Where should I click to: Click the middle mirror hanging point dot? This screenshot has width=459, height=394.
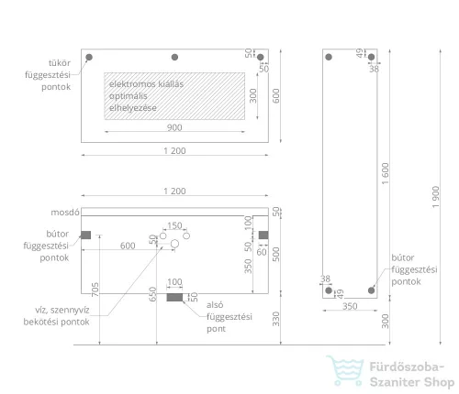pos(174,57)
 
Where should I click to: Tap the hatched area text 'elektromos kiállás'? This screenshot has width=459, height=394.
pos(146,84)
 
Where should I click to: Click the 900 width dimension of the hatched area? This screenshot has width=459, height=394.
pos(174,127)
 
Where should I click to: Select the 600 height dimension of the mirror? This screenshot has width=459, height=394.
pos(275,95)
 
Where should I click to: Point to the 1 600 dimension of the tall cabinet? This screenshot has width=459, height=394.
pos(385,173)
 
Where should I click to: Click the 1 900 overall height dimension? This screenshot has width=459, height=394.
pos(436,197)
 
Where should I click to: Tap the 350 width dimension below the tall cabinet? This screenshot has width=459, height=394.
pos(350,306)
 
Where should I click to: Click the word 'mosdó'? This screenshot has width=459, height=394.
pos(65,213)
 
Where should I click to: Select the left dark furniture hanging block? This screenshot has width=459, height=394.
pos(86,235)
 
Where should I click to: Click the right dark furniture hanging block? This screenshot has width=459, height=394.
pos(263,235)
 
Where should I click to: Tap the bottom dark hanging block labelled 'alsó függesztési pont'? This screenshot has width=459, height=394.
pos(174,297)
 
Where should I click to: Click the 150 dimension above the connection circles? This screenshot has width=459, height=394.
pos(174,225)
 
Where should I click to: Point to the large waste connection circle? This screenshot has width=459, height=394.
pos(174,244)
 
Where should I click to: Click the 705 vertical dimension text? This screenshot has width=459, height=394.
pos(95,290)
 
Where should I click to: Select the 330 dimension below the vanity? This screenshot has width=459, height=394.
pos(275,319)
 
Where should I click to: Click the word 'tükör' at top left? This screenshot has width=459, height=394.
pos(60,63)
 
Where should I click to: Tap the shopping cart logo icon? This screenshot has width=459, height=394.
pos(345,370)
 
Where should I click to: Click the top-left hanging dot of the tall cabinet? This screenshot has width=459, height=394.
pos(329,57)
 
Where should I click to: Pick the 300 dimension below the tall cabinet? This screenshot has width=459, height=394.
pos(385,321)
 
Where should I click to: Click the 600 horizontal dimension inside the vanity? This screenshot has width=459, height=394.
pos(128,246)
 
